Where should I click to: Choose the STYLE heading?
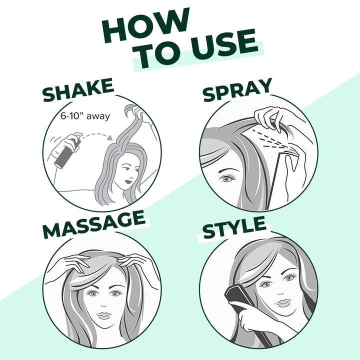click(x=233, y=229)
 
